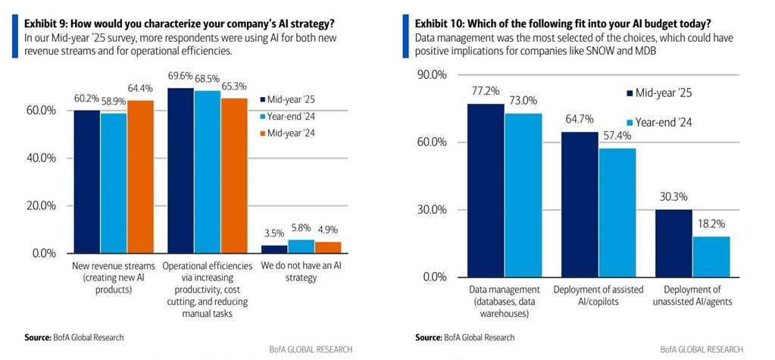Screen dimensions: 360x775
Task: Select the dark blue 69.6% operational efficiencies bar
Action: coord(180,171)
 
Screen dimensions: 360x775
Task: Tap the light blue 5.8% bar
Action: coord(300,246)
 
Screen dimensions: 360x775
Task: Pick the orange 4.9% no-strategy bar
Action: coord(328,247)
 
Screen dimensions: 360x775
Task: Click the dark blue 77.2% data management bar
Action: coord(486,189)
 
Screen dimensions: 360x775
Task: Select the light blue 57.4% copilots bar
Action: coord(617,212)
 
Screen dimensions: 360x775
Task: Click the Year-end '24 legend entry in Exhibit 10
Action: coord(664,122)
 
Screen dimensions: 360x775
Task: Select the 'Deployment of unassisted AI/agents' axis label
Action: coord(693,296)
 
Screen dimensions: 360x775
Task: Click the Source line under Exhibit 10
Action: coord(464,337)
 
